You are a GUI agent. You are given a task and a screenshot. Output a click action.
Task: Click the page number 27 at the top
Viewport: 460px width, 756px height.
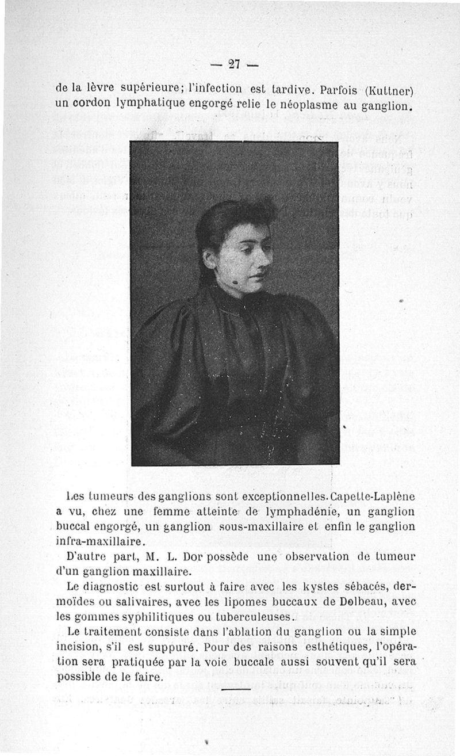[233, 64]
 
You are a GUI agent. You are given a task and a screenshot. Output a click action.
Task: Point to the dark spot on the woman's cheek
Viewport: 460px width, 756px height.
[236, 282]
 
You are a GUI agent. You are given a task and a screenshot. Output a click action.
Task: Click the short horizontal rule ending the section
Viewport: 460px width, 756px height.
[236, 689]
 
